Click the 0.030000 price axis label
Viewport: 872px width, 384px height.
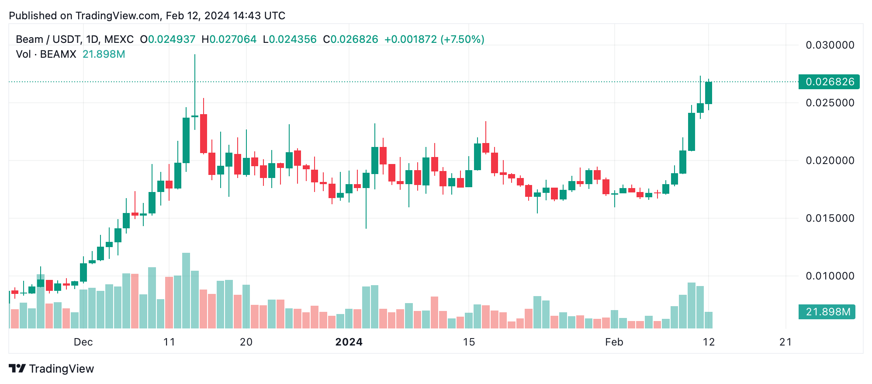click(830, 45)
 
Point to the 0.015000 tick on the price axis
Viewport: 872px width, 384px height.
click(830, 218)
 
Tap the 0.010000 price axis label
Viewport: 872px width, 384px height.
click(830, 276)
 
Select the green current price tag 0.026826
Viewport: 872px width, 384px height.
click(829, 82)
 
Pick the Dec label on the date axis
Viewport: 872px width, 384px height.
click(83, 342)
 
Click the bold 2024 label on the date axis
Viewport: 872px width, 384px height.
click(349, 342)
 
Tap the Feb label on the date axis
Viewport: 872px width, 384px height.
click(614, 342)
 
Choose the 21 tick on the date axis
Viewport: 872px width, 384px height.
click(785, 342)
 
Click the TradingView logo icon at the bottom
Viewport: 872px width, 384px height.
click(17, 369)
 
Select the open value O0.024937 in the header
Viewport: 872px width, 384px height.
click(167, 39)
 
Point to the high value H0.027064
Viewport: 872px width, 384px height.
click(229, 39)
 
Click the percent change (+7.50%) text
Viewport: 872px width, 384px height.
click(462, 39)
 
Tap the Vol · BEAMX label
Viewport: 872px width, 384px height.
click(46, 54)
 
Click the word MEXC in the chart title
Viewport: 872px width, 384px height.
click(119, 39)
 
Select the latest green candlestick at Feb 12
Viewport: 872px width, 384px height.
click(708, 93)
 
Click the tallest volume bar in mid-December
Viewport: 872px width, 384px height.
click(186, 290)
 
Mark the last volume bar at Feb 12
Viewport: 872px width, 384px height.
click(708, 320)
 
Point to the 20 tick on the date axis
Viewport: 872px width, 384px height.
click(246, 342)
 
